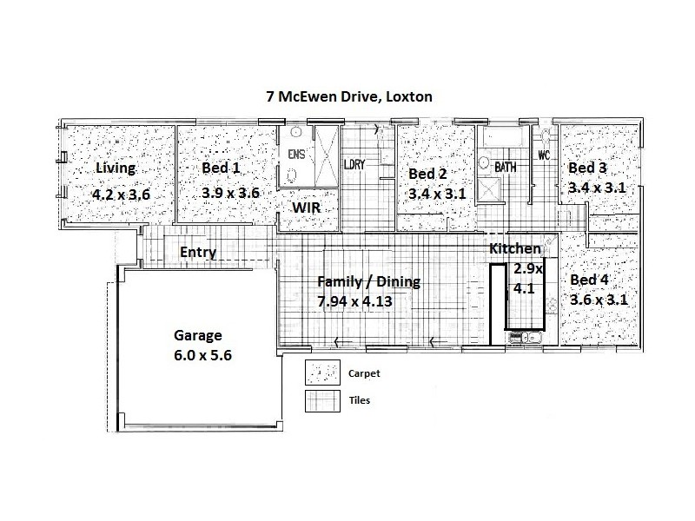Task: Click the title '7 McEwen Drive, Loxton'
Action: point(348,96)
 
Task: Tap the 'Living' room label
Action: point(116,168)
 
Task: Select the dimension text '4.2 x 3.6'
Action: point(121,195)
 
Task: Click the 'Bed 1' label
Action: point(220,168)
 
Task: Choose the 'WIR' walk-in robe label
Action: point(308,208)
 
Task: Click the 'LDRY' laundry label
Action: point(354,163)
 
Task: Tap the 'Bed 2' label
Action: point(427,174)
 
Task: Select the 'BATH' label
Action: point(506,166)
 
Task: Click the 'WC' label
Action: point(545,156)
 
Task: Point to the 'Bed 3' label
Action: point(586,168)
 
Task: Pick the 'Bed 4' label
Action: point(589,280)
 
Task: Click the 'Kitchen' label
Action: point(515,249)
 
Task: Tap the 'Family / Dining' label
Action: point(368,281)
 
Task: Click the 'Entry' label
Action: point(197,253)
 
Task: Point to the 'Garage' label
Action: point(198,335)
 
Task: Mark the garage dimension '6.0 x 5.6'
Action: point(202,355)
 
